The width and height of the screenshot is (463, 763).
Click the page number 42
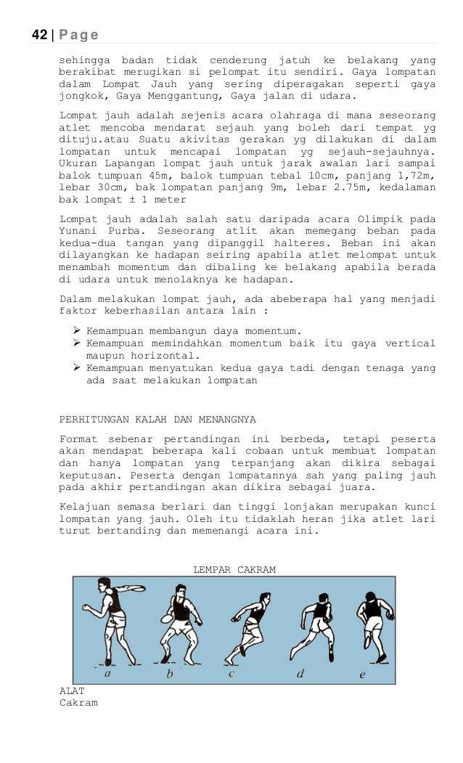(x=39, y=35)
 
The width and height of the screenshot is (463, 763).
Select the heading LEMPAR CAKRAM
(x=234, y=570)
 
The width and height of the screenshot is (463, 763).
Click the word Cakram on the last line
(x=78, y=703)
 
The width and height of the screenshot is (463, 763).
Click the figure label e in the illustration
(x=363, y=674)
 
